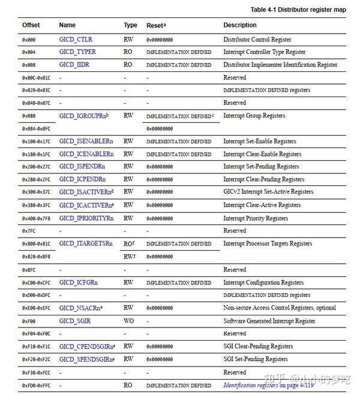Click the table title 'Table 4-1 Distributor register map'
click(298, 10)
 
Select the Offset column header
click(31, 25)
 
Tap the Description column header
click(239, 25)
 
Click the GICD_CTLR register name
click(76, 40)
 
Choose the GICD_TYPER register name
click(77, 52)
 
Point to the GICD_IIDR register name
click(74, 65)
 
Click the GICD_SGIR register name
click(75, 321)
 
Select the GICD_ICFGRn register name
click(79, 282)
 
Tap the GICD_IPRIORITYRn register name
click(86, 218)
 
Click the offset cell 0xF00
click(28, 321)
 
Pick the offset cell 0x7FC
click(28, 231)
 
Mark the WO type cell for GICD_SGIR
click(128, 321)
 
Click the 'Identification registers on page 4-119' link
click(268, 385)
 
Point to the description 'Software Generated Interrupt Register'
click(269, 321)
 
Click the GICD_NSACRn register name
click(80, 308)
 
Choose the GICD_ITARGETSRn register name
click(86, 243)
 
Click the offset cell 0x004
click(28, 52)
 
